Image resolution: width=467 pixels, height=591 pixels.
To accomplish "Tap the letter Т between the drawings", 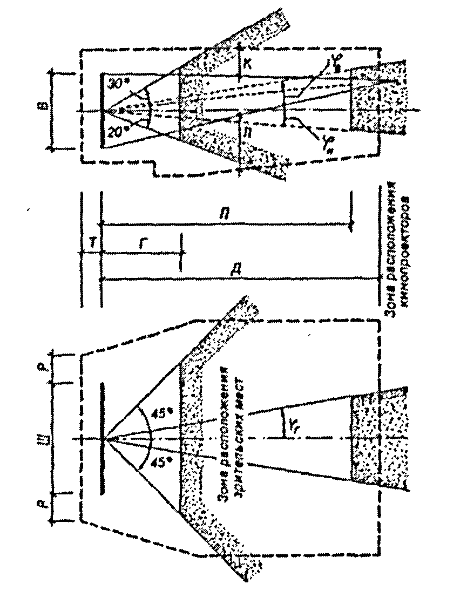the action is pyautogui.click(x=92, y=244).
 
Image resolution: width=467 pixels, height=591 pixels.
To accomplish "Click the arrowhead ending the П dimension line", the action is pyautogui.click(x=351, y=226).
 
